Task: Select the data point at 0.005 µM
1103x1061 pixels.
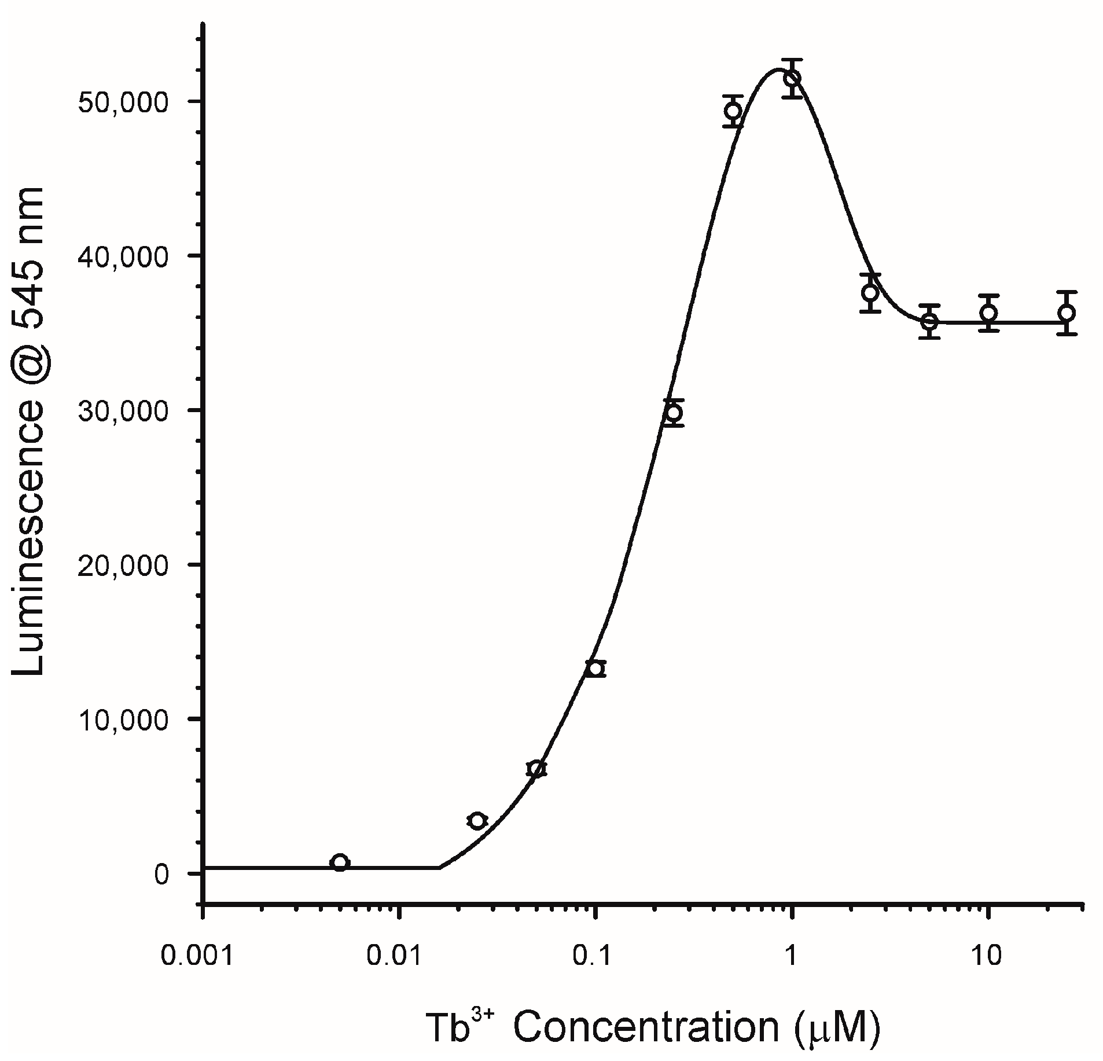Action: (340, 862)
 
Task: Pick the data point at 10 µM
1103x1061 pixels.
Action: (989, 313)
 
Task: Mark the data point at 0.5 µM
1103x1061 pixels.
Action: (733, 111)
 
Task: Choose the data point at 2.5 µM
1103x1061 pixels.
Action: (870, 293)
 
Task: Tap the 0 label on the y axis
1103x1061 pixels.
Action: (161, 873)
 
